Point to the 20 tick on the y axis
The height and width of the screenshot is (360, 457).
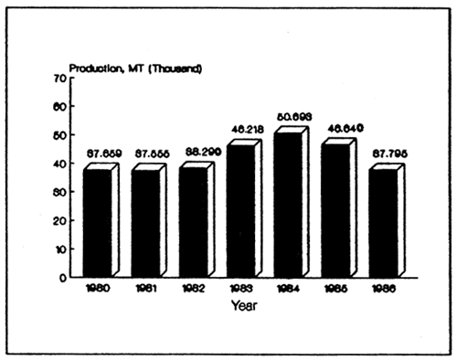59,220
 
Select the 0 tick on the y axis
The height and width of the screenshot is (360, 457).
62,277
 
